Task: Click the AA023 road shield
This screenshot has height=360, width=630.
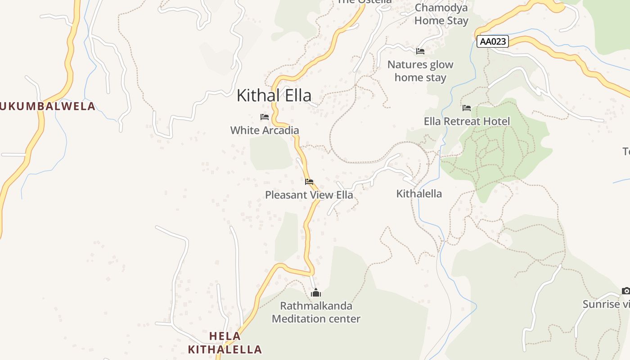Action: point(492,42)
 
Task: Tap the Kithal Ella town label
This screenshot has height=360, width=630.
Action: point(274,95)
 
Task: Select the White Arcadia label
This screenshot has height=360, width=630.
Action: point(265,130)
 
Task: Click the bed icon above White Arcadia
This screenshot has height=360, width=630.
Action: point(265,117)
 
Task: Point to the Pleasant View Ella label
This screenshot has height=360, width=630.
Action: point(309,195)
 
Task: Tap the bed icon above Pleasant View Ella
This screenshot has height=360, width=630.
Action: point(309,182)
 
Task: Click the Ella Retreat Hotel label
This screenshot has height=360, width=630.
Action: point(467,121)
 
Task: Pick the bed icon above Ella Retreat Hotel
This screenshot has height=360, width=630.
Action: point(467,108)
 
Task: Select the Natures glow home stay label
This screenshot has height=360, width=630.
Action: point(420,71)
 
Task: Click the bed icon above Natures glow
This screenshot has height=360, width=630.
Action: point(420,51)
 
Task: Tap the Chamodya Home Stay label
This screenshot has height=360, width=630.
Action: point(441,14)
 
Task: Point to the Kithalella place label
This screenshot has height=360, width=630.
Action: point(419,194)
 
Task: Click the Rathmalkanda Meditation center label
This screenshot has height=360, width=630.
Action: point(316,312)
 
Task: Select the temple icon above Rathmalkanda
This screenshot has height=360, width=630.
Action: point(316,293)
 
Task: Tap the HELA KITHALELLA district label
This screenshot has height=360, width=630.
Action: point(225,343)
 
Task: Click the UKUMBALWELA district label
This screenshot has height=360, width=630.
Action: point(48,107)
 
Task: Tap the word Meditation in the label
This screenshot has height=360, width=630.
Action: point(298,319)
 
